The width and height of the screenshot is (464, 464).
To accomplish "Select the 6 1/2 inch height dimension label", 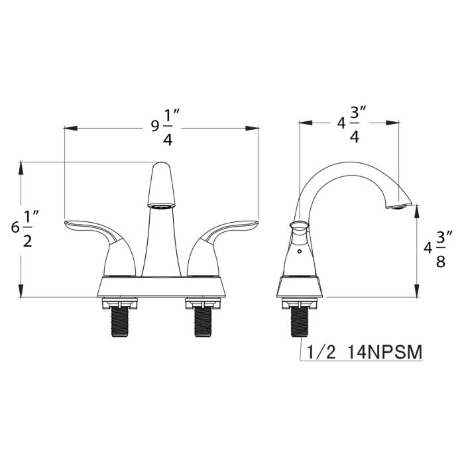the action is (x=25, y=229).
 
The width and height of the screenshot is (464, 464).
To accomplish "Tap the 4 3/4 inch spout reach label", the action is (x=352, y=124).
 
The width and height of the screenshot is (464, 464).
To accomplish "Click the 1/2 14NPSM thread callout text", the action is (x=365, y=352).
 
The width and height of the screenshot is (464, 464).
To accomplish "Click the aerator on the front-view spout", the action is (x=161, y=206).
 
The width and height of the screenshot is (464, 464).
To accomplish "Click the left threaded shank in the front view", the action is (x=120, y=322).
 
